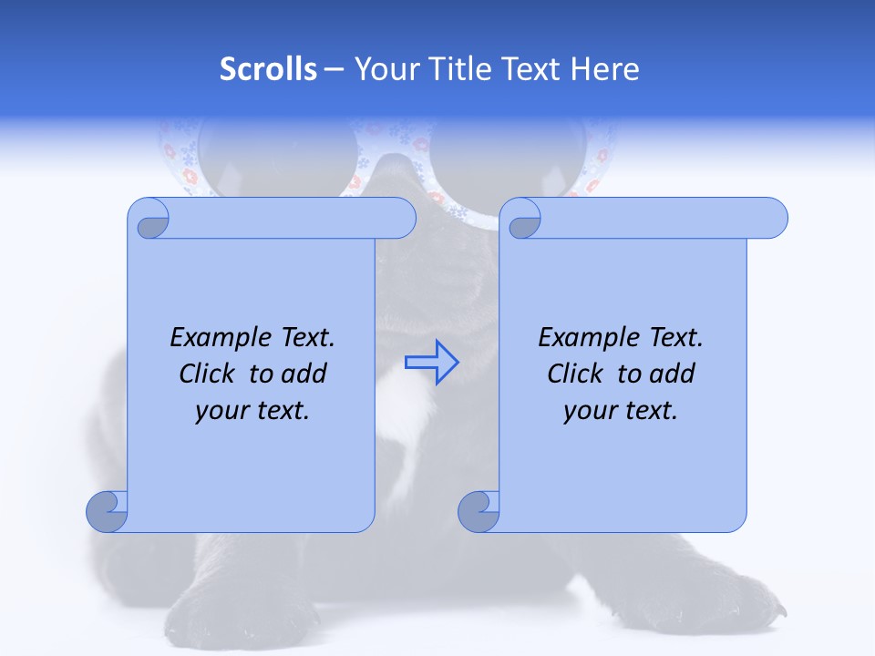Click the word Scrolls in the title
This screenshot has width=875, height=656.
268,69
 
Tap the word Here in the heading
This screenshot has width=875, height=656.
605,69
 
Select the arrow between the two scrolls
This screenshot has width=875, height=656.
431,362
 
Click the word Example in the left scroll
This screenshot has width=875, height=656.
213,338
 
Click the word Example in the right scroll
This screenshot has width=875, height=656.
582,338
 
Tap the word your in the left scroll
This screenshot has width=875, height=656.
220,411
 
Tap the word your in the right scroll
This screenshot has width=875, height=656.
588,411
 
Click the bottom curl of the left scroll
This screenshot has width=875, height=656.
108,512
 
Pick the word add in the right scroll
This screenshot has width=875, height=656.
671,374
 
